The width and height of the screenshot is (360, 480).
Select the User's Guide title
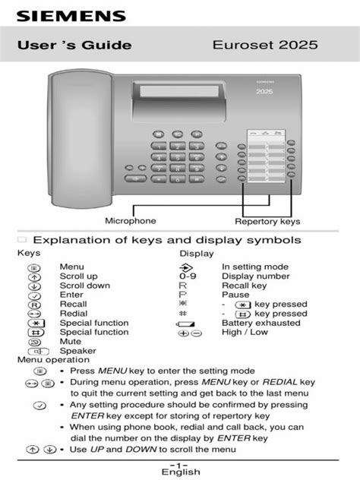point(74,46)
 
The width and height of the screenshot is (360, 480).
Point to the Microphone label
point(131,221)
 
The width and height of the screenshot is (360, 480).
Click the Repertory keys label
point(267,222)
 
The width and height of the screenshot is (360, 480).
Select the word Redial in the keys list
point(73,314)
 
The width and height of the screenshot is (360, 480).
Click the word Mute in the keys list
point(70,342)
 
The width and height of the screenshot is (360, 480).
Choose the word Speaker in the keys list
point(77,352)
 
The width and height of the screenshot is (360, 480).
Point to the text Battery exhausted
point(260,323)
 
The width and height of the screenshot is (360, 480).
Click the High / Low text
point(245,333)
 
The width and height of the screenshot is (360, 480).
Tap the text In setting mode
point(254,267)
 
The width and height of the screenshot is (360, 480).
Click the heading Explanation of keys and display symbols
point(166,240)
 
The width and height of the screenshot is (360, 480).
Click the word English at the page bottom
point(180,472)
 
